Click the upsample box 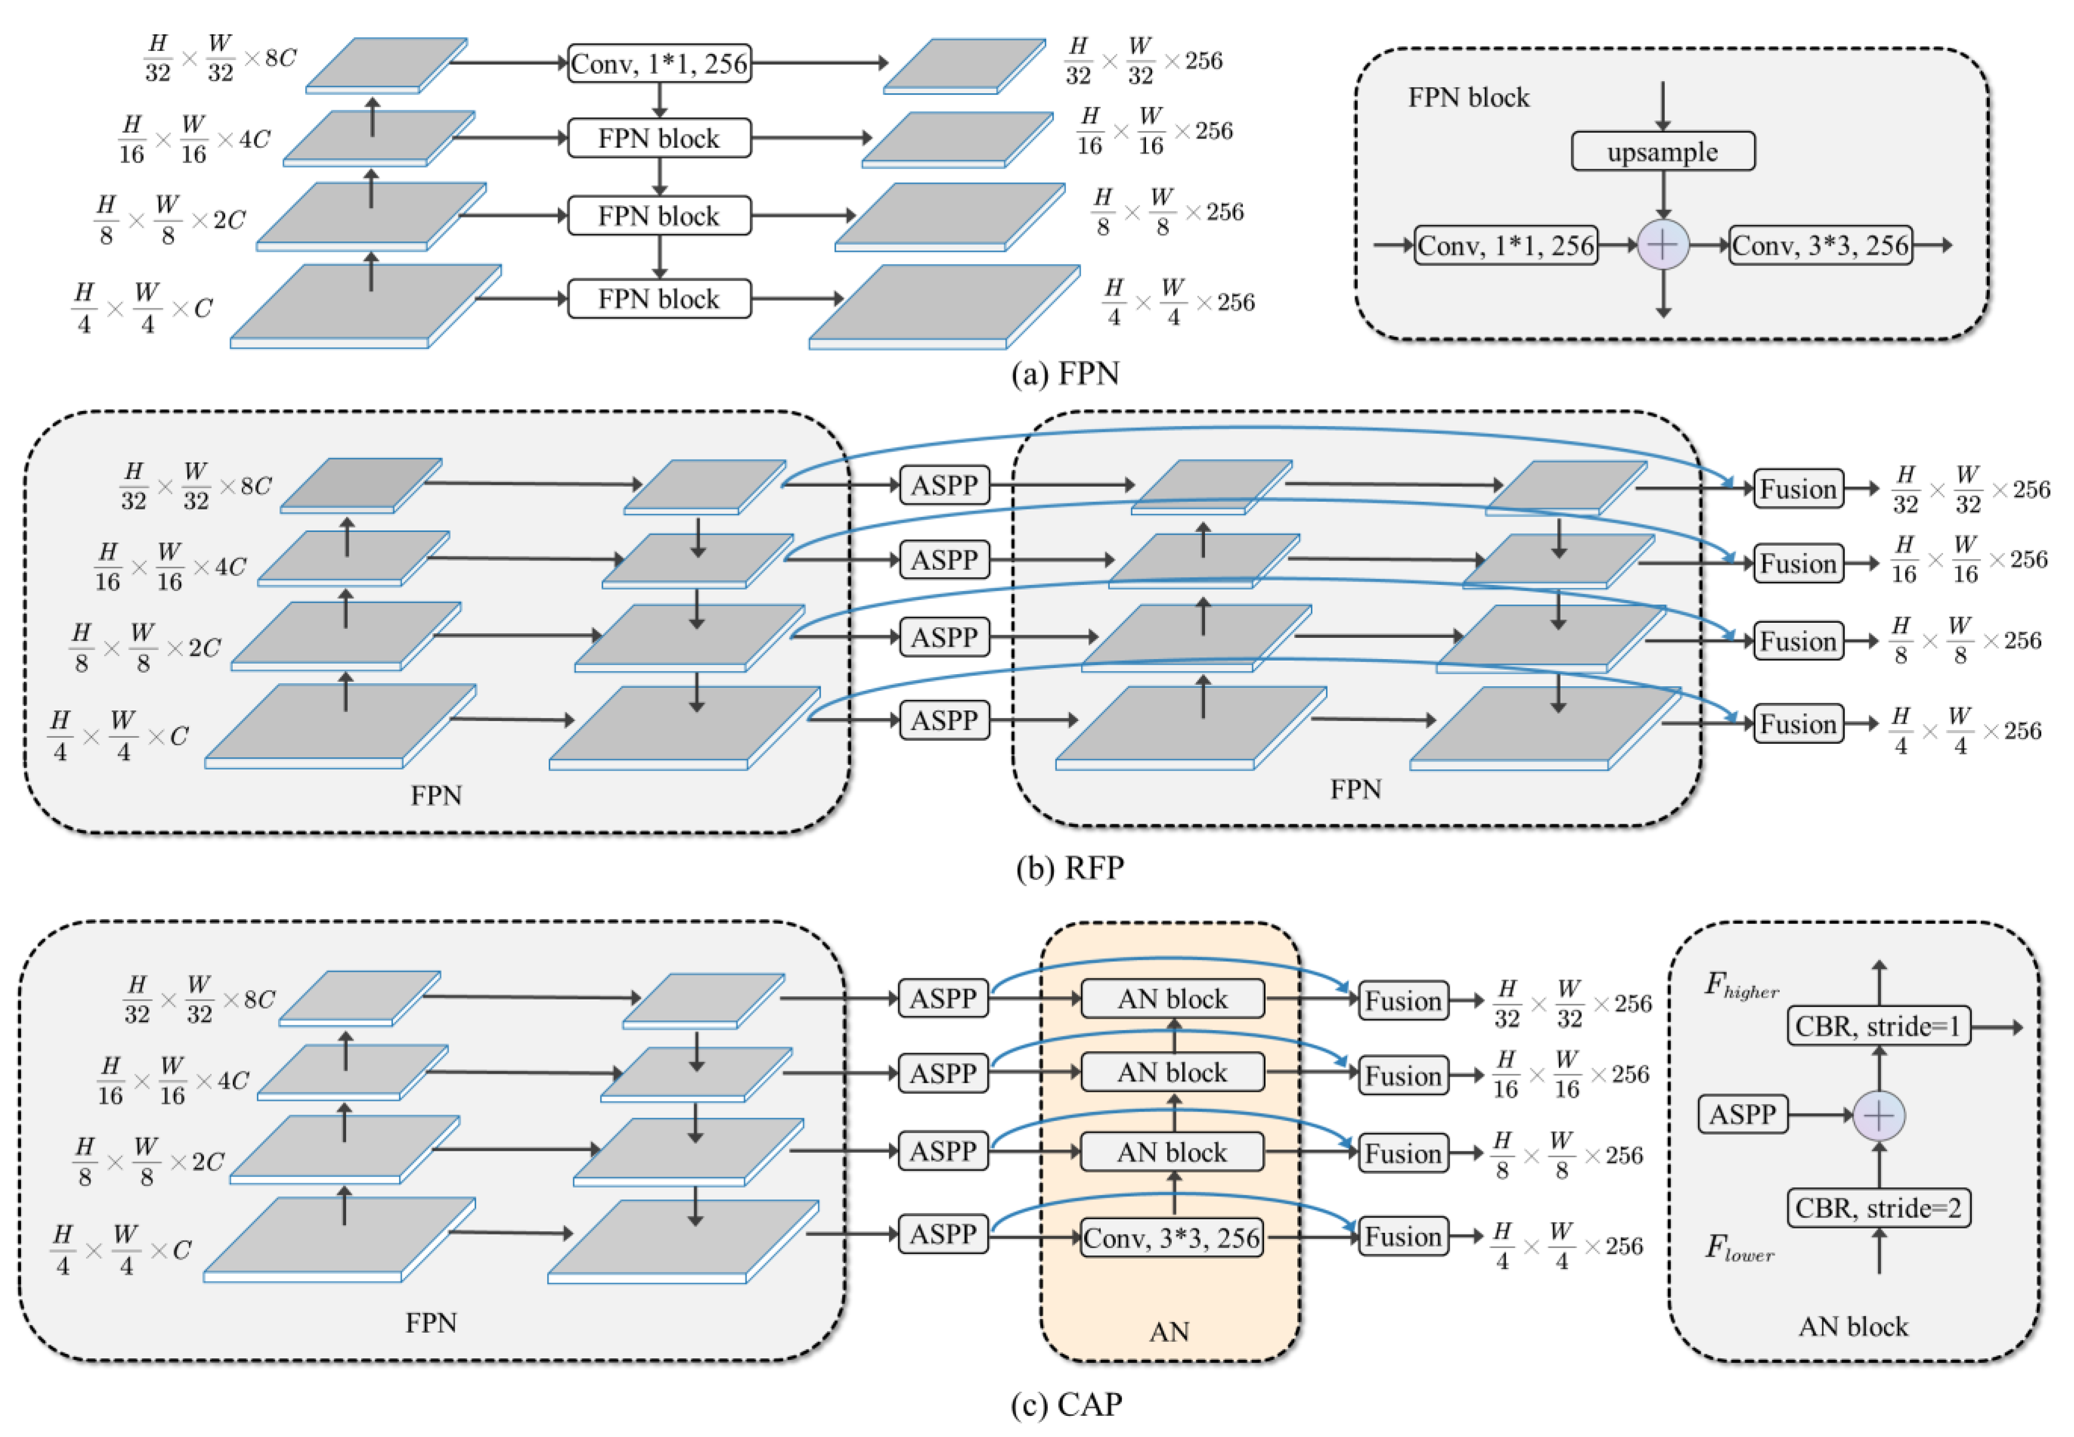click(x=1662, y=151)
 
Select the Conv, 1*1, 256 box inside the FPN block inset click(x=1505, y=245)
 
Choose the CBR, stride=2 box click(x=1878, y=1207)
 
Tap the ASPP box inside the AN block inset click(x=1742, y=1115)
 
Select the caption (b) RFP click(x=1069, y=867)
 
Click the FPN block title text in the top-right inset click(x=1468, y=97)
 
